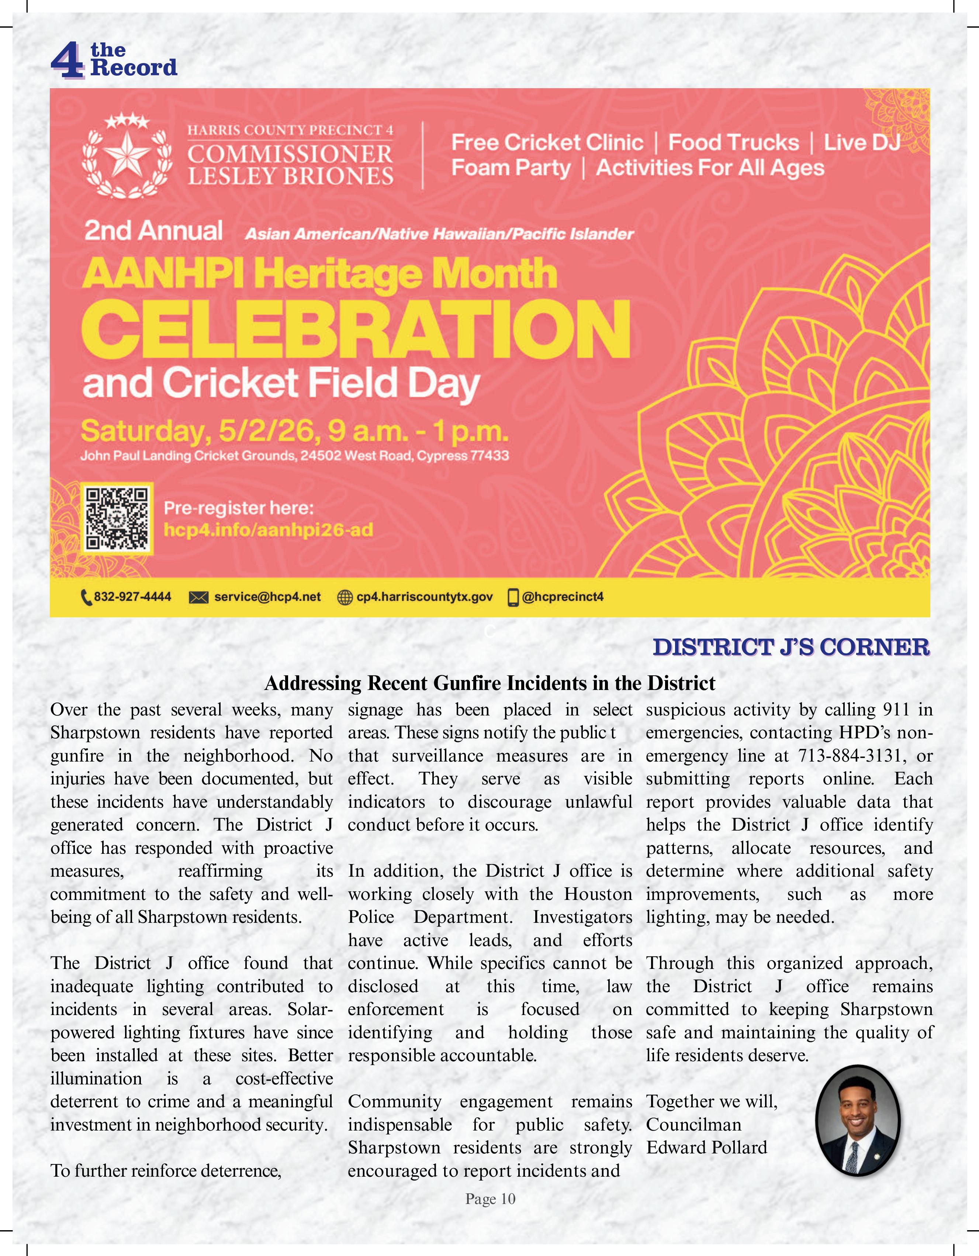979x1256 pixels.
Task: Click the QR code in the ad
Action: pos(117,518)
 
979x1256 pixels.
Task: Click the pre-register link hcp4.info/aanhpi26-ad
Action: pos(269,529)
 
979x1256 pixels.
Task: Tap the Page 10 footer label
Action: pos(490,1199)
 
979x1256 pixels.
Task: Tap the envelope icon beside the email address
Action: pos(198,597)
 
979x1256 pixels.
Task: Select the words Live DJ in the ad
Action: pos(861,142)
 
